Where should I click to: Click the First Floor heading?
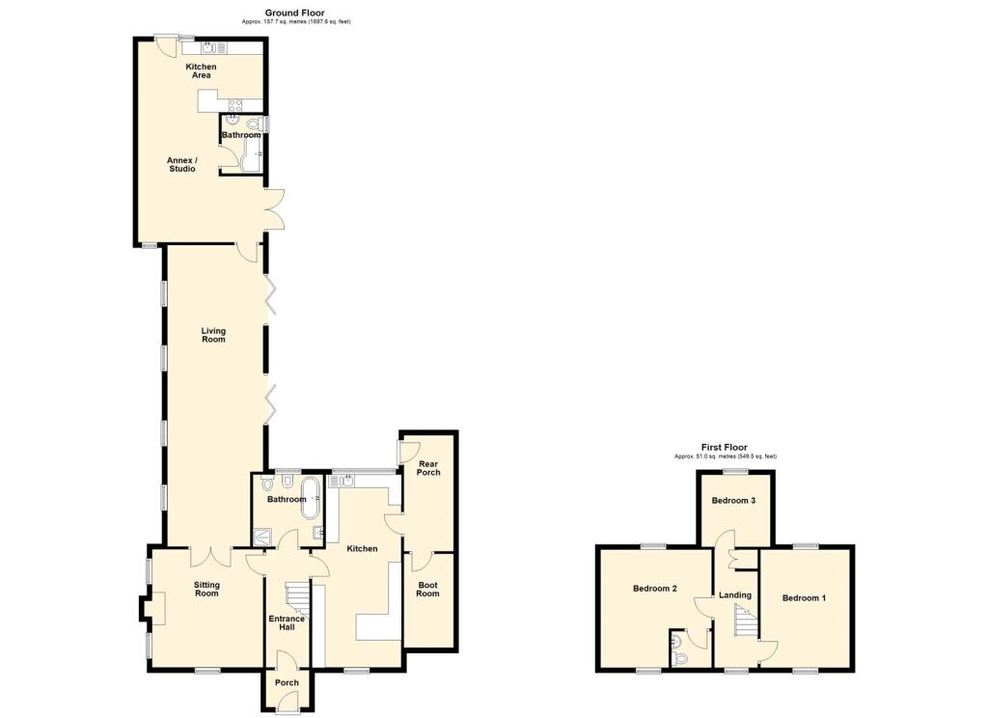tap(724, 448)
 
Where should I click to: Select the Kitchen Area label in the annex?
tap(201, 70)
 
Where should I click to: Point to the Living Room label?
tap(213, 335)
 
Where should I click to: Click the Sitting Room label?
tap(206, 589)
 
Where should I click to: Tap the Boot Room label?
tap(427, 589)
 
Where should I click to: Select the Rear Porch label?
tap(427, 468)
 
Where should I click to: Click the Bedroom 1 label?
tap(804, 598)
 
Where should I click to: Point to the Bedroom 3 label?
tap(733, 501)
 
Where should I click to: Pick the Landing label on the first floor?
tap(735, 595)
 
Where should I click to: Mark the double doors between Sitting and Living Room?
tap(209, 557)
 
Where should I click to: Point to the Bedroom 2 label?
tap(654, 589)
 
